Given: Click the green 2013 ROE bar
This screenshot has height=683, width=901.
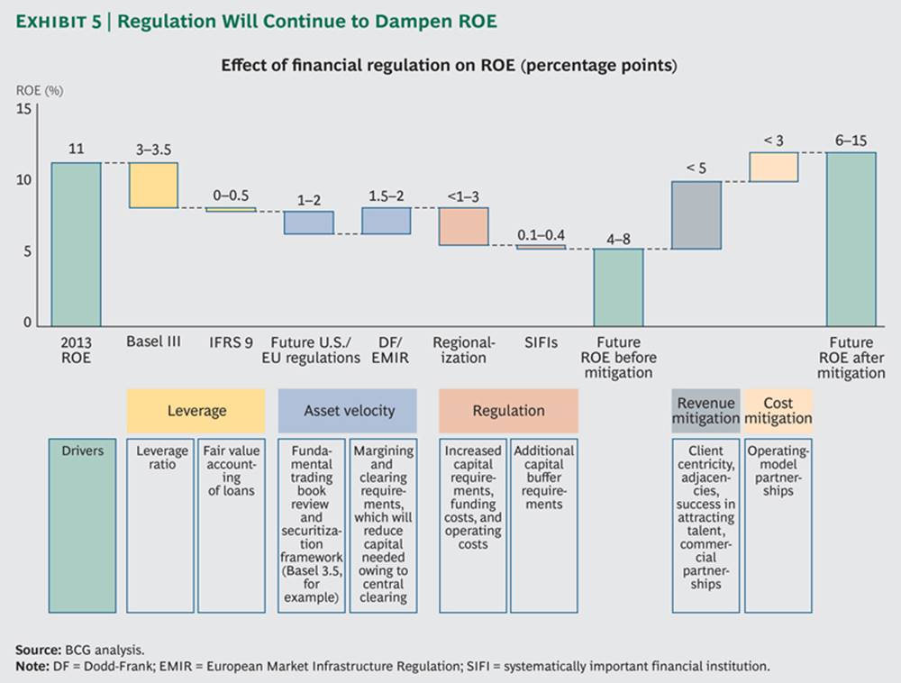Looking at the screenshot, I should [76, 243].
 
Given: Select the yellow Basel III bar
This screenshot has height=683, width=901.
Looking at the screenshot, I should [153, 185].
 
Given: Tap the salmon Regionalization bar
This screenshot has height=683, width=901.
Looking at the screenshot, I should [464, 226].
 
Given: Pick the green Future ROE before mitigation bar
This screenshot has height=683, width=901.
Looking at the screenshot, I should [618, 287].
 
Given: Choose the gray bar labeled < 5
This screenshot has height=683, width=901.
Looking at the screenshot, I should [697, 215].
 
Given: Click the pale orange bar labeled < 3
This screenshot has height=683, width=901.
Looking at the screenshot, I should [774, 167].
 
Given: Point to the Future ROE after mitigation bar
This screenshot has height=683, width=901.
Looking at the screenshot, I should [851, 239].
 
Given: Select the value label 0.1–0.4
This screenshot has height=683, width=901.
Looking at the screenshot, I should [542, 234].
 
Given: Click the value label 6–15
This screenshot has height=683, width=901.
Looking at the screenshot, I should [851, 141].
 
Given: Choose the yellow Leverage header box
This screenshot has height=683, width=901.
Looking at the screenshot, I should [196, 411].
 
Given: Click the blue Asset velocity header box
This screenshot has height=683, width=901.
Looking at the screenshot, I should [348, 411].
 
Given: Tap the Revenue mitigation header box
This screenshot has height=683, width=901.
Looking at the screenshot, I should [706, 411].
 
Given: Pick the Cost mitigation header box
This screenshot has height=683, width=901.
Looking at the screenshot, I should [778, 411].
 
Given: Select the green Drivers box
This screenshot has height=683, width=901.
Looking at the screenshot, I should [84, 525].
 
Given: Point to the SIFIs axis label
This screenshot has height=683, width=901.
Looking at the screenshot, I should [541, 342].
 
